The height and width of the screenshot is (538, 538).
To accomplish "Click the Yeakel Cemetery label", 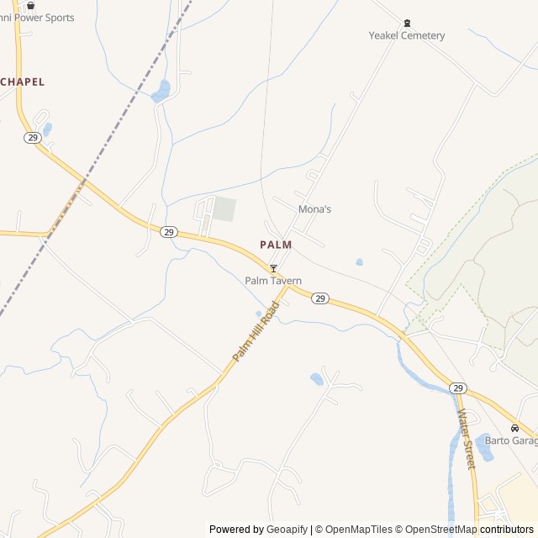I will [407, 35].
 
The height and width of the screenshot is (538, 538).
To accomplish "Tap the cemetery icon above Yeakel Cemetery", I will [407, 23].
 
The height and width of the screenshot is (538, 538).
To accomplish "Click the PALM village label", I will [276, 245].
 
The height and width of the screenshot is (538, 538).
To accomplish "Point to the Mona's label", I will [314, 208].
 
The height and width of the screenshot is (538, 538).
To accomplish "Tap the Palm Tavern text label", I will [273, 281].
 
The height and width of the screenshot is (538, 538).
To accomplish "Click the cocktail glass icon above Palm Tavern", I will [273, 268].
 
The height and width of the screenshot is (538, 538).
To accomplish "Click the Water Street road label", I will [465, 438].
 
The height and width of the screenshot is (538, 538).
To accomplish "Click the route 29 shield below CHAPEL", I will [32, 138].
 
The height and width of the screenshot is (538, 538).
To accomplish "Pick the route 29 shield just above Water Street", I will [457, 388].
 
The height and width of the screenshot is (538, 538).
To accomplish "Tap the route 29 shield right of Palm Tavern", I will [320, 298].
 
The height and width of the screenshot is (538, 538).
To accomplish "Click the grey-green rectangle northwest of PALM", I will [224, 209].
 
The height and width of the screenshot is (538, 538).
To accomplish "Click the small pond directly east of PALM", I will [360, 262].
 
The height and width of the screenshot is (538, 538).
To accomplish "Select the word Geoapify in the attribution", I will [287, 529].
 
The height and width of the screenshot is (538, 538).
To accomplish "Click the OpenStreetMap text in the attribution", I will [438, 529].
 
